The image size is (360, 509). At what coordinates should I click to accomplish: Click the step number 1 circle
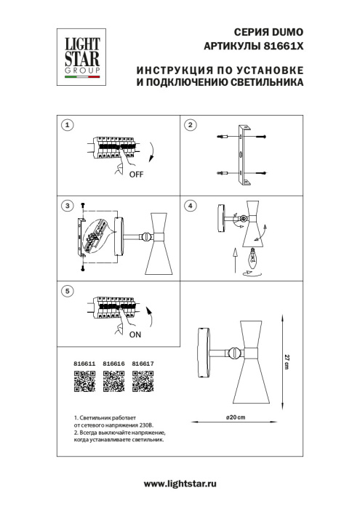click(68, 125)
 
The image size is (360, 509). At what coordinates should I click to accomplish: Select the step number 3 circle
click(68, 207)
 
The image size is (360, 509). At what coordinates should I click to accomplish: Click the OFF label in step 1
click(136, 175)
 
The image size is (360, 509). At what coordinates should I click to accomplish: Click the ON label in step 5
click(135, 336)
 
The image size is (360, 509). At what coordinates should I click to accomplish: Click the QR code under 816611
click(85, 381)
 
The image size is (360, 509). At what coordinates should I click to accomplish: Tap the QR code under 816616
click(113, 381)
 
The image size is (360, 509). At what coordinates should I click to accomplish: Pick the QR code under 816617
click(143, 381)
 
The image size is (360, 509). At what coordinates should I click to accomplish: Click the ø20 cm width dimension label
click(235, 415)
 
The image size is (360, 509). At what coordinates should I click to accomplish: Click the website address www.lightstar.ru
click(180, 484)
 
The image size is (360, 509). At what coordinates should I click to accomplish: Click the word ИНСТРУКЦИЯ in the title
click(173, 71)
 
